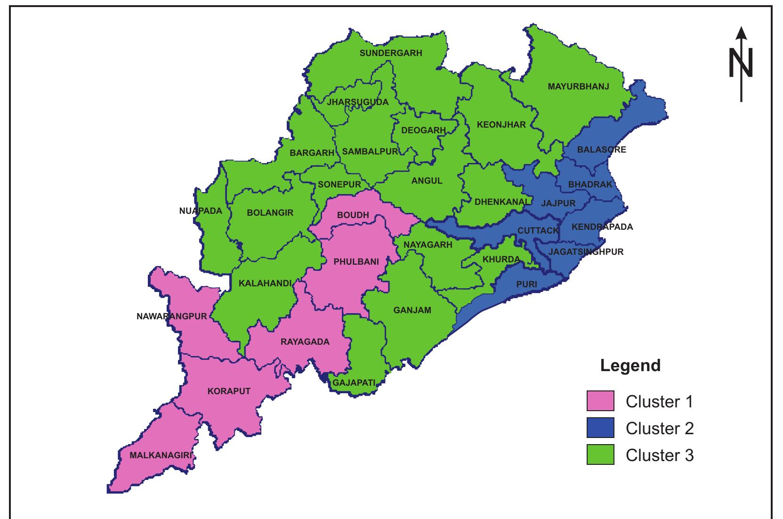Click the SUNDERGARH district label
click(x=391, y=53)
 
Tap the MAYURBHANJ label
click(x=578, y=87)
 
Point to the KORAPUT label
click(x=229, y=391)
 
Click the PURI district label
click(x=526, y=284)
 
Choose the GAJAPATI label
click(x=354, y=383)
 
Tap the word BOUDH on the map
click(x=353, y=215)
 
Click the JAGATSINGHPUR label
click(x=586, y=252)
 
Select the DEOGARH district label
click(x=423, y=130)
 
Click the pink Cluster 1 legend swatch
click(x=600, y=401)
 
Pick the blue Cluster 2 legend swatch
click(x=600, y=428)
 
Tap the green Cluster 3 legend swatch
click(x=600, y=455)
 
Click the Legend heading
click(x=630, y=365)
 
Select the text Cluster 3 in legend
click(x=659, y=455)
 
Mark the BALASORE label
click(x=602, y=150)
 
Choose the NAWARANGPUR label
click(x=172, y=316)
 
